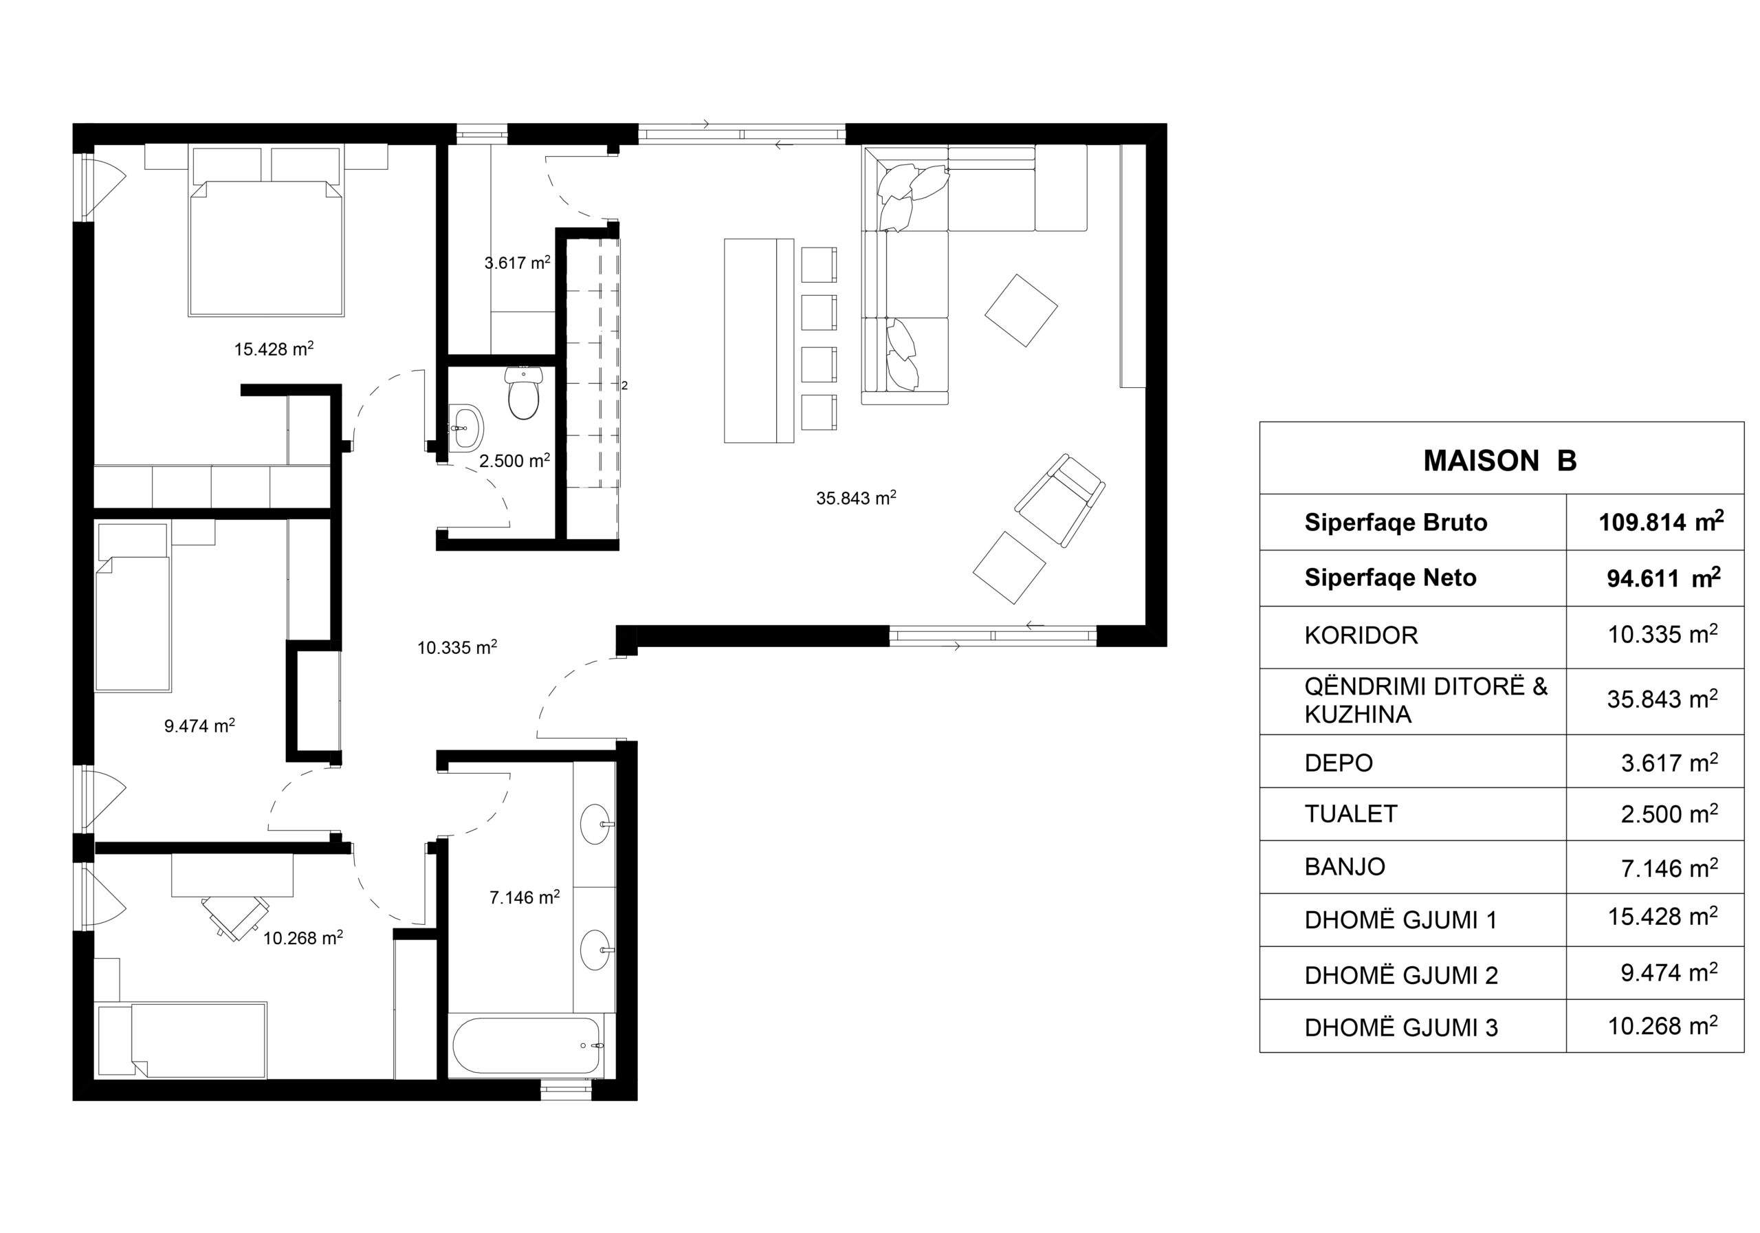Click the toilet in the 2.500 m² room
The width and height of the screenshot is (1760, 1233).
pos(524,393)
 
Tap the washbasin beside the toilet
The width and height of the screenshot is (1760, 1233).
pos(466,427)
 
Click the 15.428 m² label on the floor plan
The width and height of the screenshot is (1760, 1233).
pos(274,349)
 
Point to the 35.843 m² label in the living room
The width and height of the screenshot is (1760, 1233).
pos(856,498)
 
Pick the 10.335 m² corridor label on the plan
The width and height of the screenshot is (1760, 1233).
pos(457,647)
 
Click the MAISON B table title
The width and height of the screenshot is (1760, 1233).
pos(1499,460)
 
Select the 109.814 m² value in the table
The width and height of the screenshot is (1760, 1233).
pos(1661,521)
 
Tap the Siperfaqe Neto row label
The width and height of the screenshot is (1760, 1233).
pos(1391,578)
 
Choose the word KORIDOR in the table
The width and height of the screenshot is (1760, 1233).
pos(1361,635)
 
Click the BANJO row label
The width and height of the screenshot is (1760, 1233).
pos(1345,866)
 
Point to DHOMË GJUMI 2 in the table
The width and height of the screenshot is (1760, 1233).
pos(1401,974)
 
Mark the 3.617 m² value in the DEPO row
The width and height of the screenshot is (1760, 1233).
pos(1669,762)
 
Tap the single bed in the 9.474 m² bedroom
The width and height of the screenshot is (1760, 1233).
pos(133,607)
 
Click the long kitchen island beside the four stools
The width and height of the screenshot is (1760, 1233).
pos(759,340)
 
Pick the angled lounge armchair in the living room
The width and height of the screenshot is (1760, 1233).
pos(1060,500)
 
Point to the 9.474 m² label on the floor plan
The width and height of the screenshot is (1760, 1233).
pos(199,725)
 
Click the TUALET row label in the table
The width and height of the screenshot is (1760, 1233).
pos(1351,814)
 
